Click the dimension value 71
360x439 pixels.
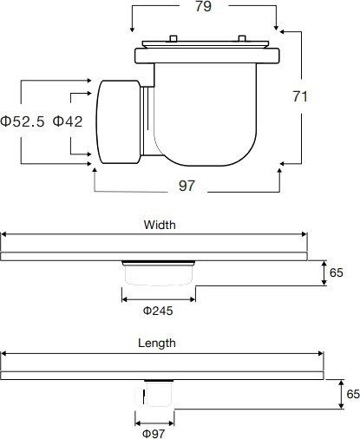tap(301, 97)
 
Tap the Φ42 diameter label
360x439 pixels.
tap(68, 121)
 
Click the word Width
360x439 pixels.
tap(160, 224)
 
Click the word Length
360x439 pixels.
tap(157, 343)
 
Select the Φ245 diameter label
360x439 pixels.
tap(158, 310)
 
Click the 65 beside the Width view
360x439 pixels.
tap(337, 272)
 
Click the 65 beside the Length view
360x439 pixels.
tap(352, 393)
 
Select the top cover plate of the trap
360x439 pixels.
tap(208, 42)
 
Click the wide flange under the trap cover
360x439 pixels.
tap(208, 58)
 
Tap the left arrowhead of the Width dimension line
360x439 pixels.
tap(4, 234)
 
